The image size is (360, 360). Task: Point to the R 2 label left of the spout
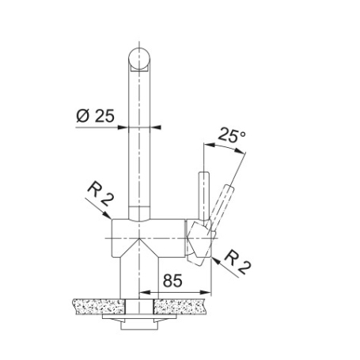click(95, 195)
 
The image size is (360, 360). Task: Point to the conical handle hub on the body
click(198, 237)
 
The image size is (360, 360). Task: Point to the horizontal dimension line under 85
click(174, 291)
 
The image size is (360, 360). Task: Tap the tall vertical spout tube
click(139, 142)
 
